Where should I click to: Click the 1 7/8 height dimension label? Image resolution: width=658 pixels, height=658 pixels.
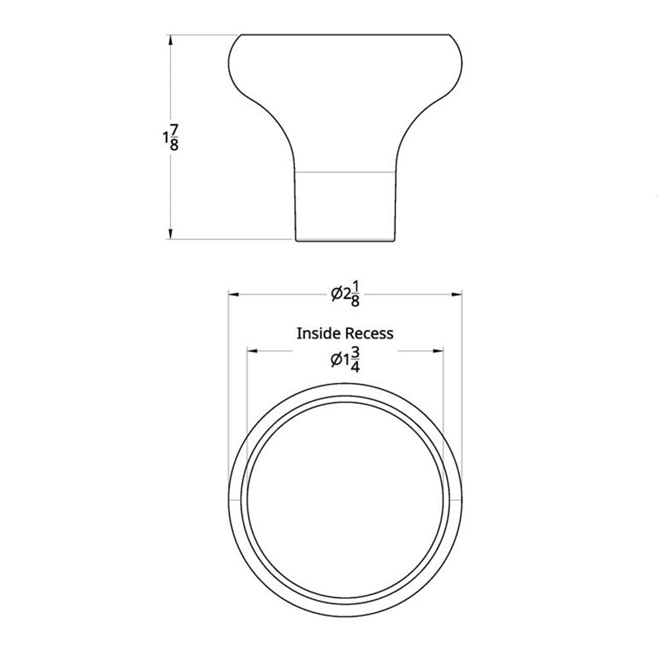tap(171, 138)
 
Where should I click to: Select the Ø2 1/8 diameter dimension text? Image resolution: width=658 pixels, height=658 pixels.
tap(345, 294)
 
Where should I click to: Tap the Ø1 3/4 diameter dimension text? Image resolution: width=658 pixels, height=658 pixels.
tap(345, 360)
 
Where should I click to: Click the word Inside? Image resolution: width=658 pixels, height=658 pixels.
tap(318, 334)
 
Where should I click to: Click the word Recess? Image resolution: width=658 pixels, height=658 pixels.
tap(369, 334)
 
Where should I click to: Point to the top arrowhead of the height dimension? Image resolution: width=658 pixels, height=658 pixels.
tap(170, 40)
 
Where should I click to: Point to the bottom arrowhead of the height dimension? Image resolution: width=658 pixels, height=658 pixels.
tap(170, 234)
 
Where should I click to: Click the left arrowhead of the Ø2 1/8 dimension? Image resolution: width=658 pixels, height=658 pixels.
tap(234, 294)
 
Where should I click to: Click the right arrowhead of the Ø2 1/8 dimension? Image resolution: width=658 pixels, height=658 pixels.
tap(457, 294)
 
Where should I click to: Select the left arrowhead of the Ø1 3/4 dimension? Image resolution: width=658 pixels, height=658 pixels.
tap(253, 351)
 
